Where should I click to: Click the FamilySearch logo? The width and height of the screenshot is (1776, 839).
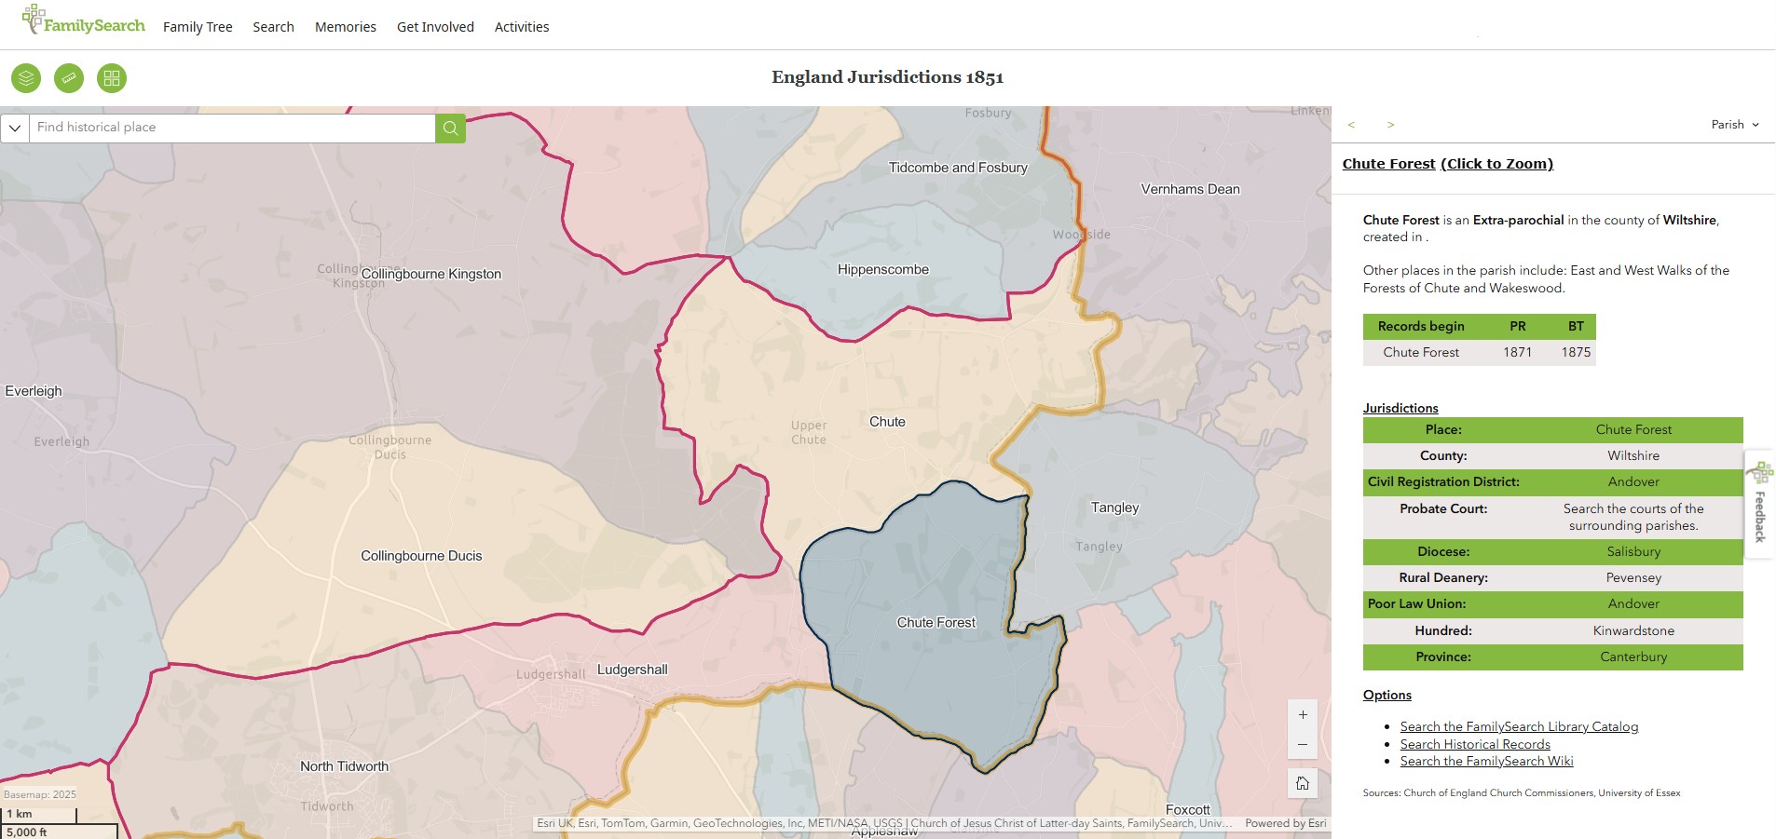point(84,20)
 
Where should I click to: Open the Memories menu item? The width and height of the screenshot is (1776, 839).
point(345,27)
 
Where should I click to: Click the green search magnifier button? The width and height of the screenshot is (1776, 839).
point(450,128)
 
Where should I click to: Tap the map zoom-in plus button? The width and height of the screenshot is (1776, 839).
point(1303,715)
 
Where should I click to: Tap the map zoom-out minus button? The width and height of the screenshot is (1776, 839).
point(1303,744)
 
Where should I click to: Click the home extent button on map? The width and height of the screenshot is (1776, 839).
point(1303,783)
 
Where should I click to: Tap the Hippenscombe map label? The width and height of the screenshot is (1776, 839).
point(882,270)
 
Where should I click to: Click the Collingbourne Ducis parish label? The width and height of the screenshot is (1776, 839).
point(421,556)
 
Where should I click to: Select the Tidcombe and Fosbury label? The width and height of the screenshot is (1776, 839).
point(957,168)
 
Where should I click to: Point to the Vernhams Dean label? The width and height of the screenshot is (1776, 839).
point(1190,189)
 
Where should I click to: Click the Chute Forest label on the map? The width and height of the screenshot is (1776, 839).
point(936,623)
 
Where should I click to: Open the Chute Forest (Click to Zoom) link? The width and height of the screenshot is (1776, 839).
point(1447,164)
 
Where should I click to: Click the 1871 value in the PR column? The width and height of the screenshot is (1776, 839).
point(1517,352)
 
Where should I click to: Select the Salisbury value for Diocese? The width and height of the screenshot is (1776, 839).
point(1633,551)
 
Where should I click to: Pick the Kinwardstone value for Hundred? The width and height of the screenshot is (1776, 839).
point(1633,630)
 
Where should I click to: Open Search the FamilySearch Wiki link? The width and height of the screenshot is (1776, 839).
point(1486,761)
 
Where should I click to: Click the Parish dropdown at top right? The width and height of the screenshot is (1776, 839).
point(1735,125)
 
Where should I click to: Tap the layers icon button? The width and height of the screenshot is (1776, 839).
point(26,78)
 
